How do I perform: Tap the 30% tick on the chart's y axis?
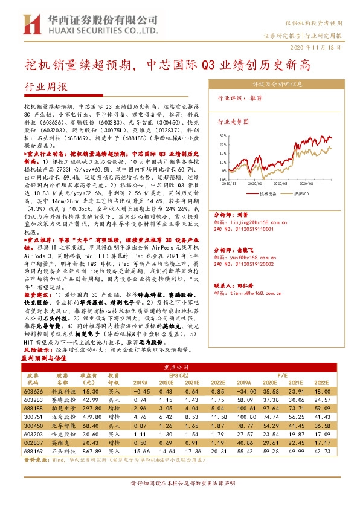(222, 137)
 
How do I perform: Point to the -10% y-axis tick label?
(222, 180)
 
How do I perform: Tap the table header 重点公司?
(179, 366)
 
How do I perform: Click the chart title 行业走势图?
(233, 121)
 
